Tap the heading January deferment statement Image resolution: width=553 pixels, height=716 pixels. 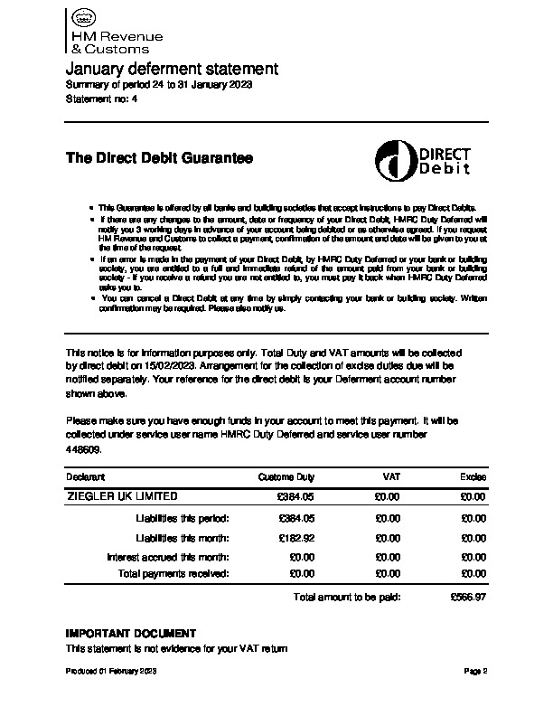[172, 70]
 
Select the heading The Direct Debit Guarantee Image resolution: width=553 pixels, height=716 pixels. [159, 158]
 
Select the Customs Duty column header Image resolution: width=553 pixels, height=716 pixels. [286, 476]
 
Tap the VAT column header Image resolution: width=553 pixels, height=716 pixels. [391, 476]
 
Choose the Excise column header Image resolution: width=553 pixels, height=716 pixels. [473, 476]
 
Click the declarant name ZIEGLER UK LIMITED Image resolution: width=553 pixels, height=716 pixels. [122, 496]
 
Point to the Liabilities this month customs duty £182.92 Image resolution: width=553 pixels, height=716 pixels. [296, 538]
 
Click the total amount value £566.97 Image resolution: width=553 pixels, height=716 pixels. [468, 598]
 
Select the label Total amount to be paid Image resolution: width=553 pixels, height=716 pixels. [347, 598]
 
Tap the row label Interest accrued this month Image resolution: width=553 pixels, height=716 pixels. [167, 557]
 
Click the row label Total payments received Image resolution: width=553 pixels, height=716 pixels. [173, 573]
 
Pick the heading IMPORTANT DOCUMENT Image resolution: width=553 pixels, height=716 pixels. [131, 633]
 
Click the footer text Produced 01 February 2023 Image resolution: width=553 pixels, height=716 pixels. [112, 672]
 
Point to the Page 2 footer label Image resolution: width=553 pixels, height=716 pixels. [475, 672]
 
